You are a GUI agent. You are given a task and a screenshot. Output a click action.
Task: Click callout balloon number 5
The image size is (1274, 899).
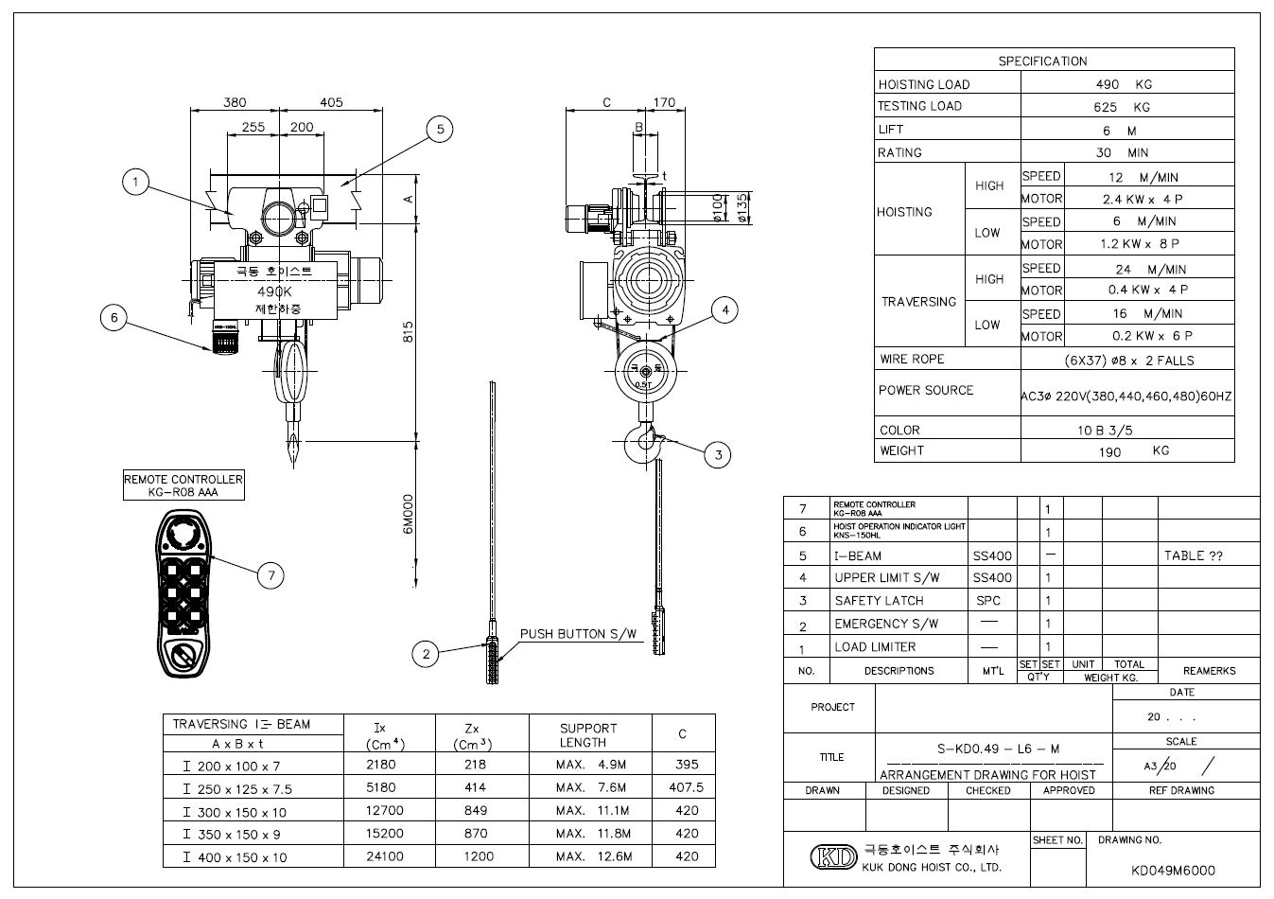(x=440, y=130)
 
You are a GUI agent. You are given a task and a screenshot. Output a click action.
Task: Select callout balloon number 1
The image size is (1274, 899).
(x=136, y=182)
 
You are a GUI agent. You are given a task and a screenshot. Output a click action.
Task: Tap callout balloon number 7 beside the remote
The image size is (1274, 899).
(x=271, y=574)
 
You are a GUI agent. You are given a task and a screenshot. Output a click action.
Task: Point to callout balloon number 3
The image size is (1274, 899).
(x=718, y=455)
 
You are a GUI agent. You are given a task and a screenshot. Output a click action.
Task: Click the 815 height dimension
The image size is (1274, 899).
(x=409, y=332)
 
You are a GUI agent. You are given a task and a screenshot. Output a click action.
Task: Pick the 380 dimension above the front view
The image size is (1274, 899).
(x=235, y=102)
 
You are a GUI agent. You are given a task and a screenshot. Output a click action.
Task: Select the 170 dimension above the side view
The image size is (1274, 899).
(x=664, y=102)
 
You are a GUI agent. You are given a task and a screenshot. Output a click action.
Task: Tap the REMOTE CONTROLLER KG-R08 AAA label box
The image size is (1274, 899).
(x=183, y=485)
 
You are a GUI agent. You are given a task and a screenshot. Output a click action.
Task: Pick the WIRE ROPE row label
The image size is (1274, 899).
(x=912, y=360)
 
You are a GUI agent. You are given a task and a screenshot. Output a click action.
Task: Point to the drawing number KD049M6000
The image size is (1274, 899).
(x=1173, y=871)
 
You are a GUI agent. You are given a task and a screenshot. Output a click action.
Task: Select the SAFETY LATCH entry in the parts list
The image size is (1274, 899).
(x=879, y=601)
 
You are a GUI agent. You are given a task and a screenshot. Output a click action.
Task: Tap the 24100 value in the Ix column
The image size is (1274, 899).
(x=380, y=856)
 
